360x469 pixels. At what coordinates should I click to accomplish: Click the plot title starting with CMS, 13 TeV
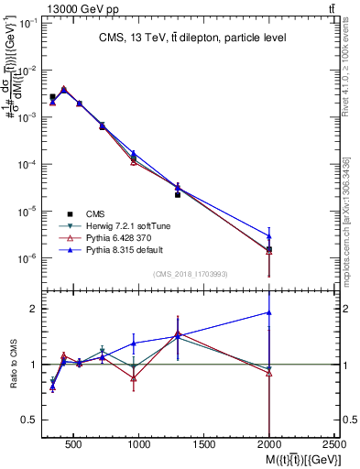tap(192, 38)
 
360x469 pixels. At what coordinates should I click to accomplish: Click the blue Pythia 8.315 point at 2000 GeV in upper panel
tap(269, 236)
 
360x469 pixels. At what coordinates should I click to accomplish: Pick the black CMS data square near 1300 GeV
tap(178, 195)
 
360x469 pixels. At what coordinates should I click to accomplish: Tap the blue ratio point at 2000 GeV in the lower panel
tap(269, 312)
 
